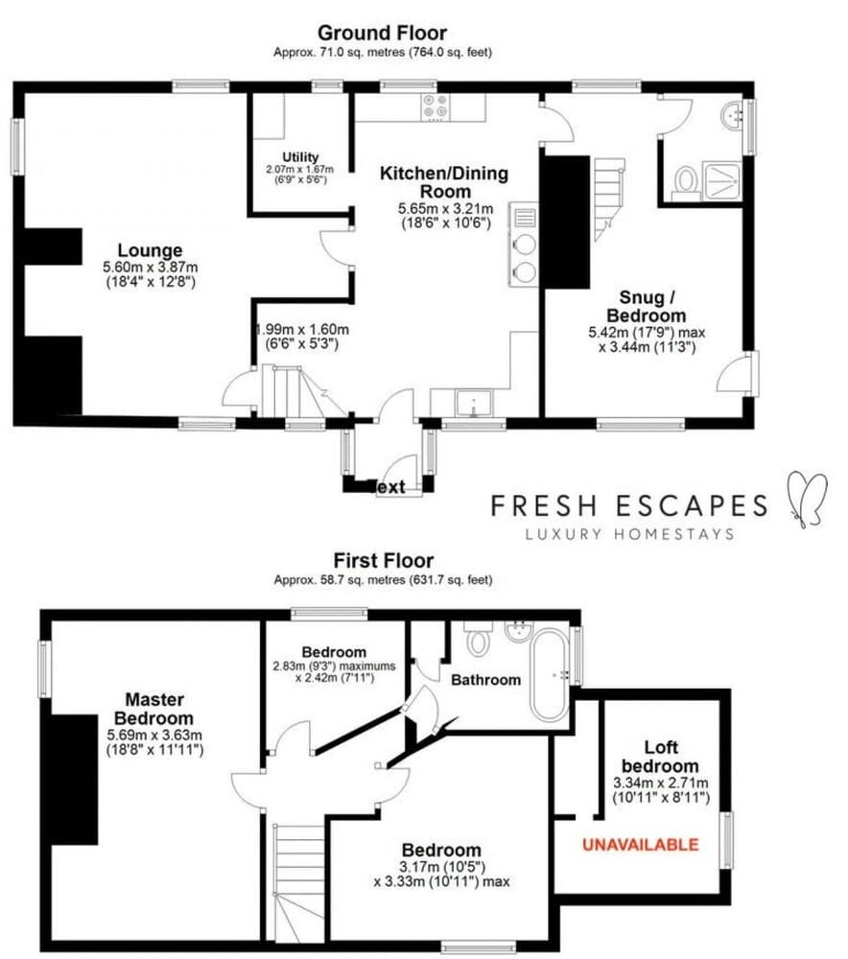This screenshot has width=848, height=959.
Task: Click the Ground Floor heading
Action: pos(382,34)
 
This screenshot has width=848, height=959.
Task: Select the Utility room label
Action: pos(300,157)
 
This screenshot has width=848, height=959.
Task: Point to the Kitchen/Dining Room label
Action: pos(444,182)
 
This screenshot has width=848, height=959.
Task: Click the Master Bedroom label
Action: pos(153,708)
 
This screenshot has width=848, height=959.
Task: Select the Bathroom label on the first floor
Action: pos(485,679)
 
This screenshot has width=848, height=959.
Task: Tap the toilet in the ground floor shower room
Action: pos(686,180)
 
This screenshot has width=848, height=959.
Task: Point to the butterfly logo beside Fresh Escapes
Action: pos(804,499)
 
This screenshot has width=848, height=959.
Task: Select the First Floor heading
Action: pos(383,560)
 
